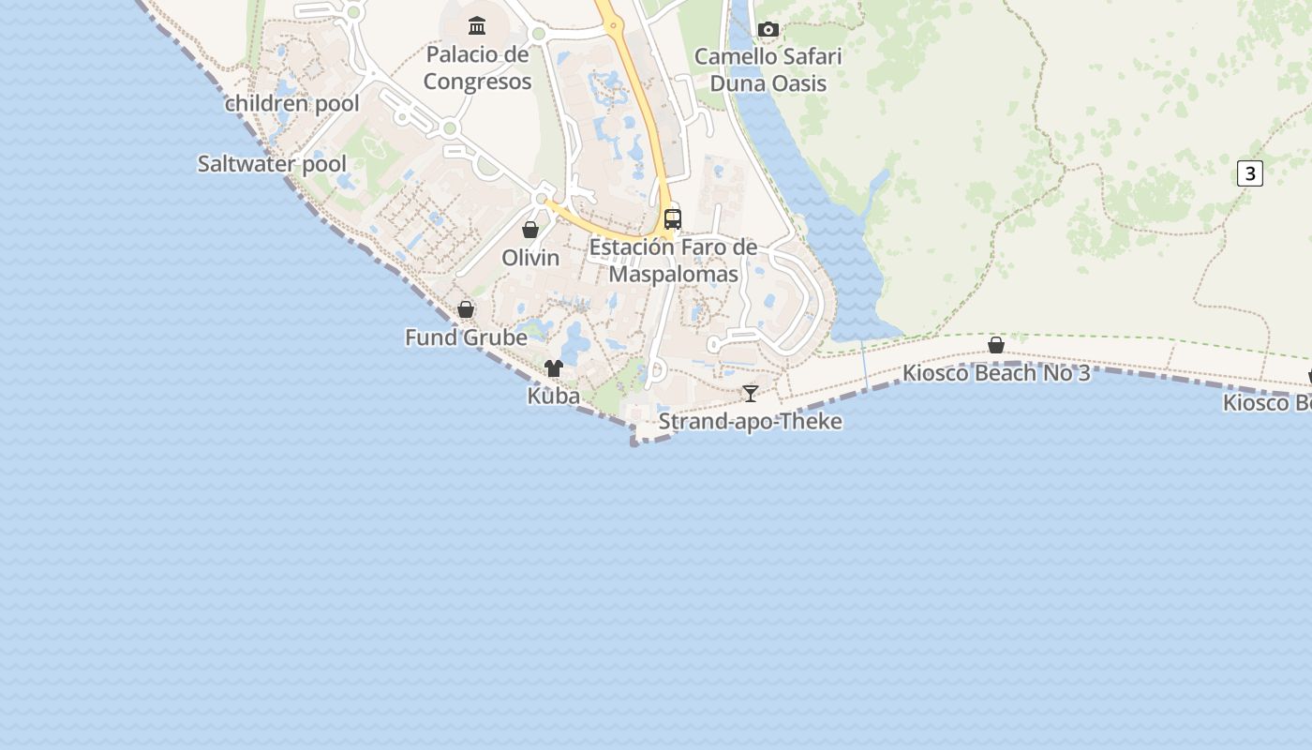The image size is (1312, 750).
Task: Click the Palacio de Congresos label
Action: point(477,68)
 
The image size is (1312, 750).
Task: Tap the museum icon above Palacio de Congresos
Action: point(477,25)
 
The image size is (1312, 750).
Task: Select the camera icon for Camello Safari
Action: point(768,29)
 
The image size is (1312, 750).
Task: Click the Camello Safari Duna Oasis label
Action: point(768,69)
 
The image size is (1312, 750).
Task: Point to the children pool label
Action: point(292,103)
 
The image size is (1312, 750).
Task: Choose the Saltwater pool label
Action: point(272,164)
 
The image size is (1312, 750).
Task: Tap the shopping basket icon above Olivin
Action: point(530,230)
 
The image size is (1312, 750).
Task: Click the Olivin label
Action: point(530,258)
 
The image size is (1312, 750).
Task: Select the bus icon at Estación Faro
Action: point(673,219)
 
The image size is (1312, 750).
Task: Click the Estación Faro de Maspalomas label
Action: point(673,262)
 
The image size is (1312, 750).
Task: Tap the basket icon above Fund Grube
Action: point(466,309)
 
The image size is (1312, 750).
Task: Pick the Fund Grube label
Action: point(466,337)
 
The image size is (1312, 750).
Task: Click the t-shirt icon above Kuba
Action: point(554,368)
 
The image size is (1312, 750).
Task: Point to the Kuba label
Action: point(554,396)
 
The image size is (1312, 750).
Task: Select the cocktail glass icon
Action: point(750,393)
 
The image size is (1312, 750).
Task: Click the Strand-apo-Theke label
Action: point(750,422)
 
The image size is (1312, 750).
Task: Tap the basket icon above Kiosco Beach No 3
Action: point(996,345)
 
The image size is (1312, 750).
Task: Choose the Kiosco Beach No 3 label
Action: point(996,373)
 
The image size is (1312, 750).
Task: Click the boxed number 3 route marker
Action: point(1249,173)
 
